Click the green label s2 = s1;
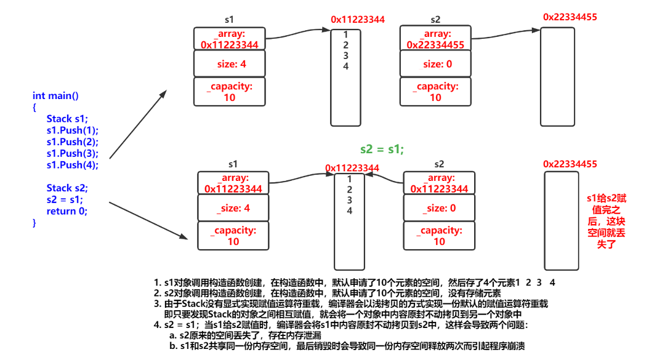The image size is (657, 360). (x=382, y=149)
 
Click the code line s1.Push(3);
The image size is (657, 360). (x=72, y=153)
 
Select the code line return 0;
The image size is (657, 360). (x=67, y=211)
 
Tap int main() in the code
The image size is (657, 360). (x=55, y=95)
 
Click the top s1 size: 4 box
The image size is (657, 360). (x=230, y=63)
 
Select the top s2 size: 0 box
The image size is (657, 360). (x=435, y=63)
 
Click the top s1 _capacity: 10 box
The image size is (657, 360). (x=230, y=92)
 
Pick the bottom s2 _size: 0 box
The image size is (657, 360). (x=439, y=208)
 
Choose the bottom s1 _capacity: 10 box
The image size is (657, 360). (x=233, y=236)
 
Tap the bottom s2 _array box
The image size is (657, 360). (x=439, y=183)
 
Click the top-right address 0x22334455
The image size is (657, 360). (x=570, y=17)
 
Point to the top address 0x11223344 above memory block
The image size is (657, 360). (x=358, y=20)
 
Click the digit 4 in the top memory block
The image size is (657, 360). (x=346, y=66)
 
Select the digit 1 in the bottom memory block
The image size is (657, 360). (x=349, y=179)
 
